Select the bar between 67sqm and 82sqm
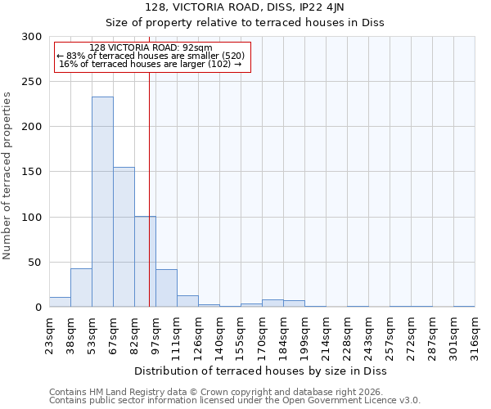click(x=124, y=237)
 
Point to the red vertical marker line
click(x=149, y=188)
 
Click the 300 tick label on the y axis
click(x=32, y=37)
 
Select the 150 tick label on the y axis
click(x=32, y=172)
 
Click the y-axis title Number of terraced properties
click(x=7, y=175)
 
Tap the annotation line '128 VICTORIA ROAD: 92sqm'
click(x=151, y=47)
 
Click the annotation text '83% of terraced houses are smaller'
click(x=151, y=56)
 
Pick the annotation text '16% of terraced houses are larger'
click(x=151, y=64)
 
